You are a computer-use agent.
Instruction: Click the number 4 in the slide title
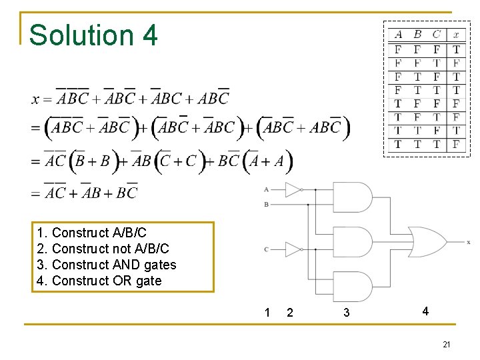[150, 35]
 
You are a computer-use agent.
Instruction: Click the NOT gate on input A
[293, 189]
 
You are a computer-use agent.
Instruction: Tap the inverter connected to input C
[293, 249]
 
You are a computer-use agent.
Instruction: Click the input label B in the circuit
[266, 205]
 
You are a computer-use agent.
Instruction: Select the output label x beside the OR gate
[469, 242]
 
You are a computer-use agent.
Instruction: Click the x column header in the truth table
[456, 35]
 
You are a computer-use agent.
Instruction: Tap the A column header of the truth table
[398, 35]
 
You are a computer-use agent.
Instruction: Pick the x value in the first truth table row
[456, 49]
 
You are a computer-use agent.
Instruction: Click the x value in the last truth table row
[456, 144]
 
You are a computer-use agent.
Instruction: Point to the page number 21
[447, 344]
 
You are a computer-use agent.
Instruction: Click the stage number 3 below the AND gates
[346, 313]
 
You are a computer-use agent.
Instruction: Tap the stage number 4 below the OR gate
[425, 311]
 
